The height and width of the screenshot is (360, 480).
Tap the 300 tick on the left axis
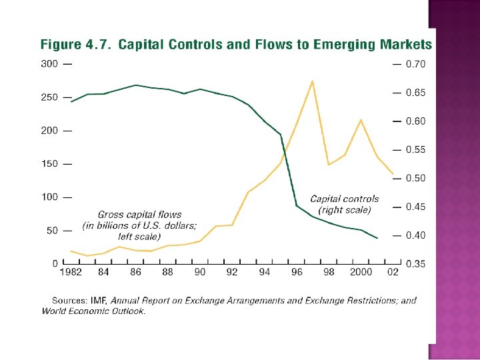(49, 64)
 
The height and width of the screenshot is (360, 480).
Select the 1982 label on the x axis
(71, 272)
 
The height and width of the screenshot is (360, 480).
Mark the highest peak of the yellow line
(313, 81)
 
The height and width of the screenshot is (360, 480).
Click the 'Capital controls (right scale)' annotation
(345, 204)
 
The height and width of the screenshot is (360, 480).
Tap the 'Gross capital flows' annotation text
(139, 215)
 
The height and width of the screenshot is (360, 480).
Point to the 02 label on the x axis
(393, 272)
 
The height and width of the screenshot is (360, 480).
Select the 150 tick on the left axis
(49, 164)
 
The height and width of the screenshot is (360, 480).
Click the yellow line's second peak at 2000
(361, 120)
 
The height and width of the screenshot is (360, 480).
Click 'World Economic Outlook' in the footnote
(93, 310)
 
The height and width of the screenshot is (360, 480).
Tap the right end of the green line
(377, 238)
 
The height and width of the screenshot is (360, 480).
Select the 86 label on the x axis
(135, 272)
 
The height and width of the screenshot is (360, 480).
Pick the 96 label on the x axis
(297, 272)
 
